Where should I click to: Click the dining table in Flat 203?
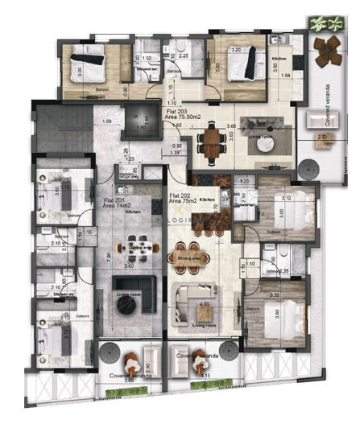click(x=213, y=142)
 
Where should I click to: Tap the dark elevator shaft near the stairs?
click(x=142, y=121)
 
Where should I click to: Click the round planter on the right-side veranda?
click(x=308, y=171)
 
